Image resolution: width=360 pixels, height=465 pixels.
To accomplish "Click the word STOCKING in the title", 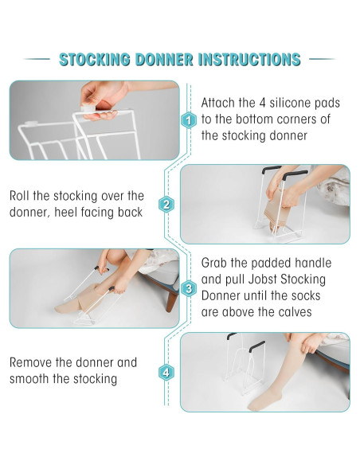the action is click(x=95, y=59).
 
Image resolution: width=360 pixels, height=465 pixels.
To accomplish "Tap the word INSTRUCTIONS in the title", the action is click(x=249, y=59).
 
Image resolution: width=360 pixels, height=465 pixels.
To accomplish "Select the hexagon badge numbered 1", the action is click(x=188, y=120).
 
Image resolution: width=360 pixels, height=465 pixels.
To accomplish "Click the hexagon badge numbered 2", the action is click(x=166, y=205).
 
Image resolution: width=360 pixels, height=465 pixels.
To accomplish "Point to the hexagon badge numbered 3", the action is click(x=188, y=288).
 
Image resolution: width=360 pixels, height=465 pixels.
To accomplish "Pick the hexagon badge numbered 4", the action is click(x=166, y=373).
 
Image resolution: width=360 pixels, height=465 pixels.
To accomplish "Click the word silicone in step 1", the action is click(x=290, y=103).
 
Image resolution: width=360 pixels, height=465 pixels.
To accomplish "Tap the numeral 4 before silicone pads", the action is click(x=263, y=103).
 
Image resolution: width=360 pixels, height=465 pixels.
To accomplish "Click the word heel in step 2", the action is click(x=65, y=212).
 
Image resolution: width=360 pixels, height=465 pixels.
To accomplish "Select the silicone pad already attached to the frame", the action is click(x=31, y=123).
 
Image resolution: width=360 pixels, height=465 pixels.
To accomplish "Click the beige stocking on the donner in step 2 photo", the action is click(x=276, y=210).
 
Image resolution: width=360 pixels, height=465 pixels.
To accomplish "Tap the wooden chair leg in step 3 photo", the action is click(x=171, y=299).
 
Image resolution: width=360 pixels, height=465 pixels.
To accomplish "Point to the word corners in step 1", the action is click(x=297, y=119).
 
